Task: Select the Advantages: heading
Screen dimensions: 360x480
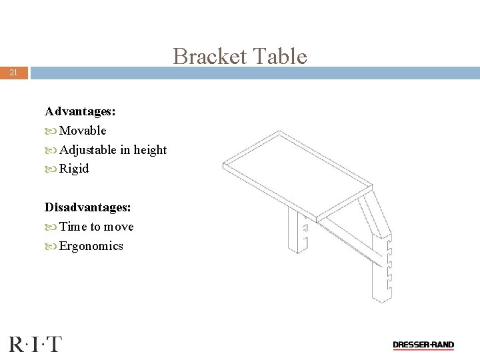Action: tap(75, 111)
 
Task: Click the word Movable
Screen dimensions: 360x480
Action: tap(83, 131)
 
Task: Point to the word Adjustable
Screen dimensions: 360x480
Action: tap(88, 150)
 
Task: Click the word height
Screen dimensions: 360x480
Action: tap(150, 150)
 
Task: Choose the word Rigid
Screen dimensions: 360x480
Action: tap(74, 169)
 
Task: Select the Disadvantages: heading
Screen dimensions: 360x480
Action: tap(87, 207)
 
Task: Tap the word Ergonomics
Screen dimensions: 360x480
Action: tap(91, 246)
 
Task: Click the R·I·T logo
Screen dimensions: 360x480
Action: tap(35, 344)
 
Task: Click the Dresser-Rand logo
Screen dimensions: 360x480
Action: tap(423, 345)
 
